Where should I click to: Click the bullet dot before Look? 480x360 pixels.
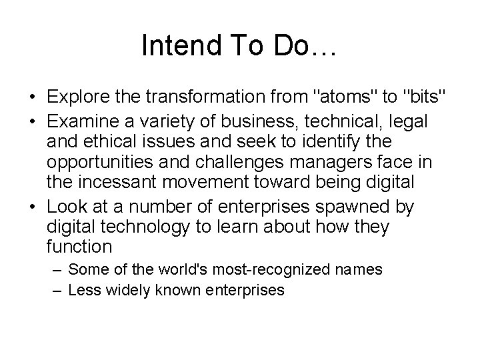coord(33,207)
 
